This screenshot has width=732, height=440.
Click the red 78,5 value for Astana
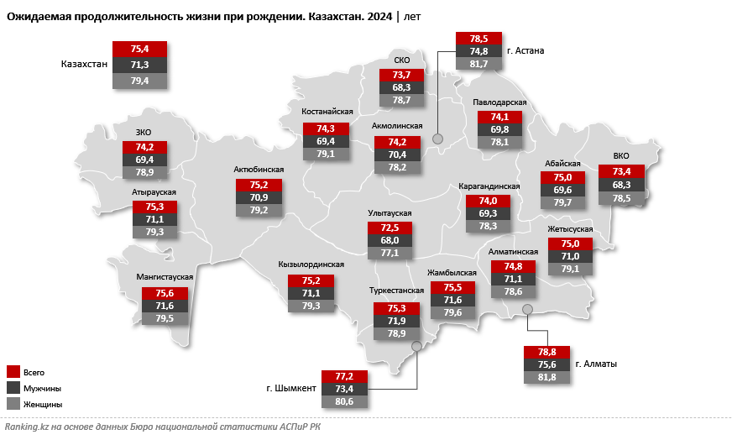point(478,39)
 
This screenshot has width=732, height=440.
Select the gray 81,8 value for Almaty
point(546,378)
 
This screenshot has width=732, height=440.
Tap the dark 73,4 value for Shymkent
point(344,390)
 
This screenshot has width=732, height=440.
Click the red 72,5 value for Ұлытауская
point(390,228)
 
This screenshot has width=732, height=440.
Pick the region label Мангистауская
point(165,276)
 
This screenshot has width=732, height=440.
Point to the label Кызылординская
point(311,264)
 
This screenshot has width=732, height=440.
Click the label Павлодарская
point(499,102)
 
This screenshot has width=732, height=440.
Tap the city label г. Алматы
point(597,364)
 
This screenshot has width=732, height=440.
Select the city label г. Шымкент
point(291,389)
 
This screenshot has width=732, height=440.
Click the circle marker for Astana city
point(437,139)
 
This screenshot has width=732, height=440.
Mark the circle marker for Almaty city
point(527,310)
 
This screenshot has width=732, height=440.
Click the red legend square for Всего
point(13,371)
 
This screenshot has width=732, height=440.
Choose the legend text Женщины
point(44,405)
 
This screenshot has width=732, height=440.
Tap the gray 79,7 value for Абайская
point(562,202)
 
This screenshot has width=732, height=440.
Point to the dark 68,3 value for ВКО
point(622,185)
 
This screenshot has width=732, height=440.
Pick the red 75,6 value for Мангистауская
point(165,293)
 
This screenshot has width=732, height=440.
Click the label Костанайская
point(327,111)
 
